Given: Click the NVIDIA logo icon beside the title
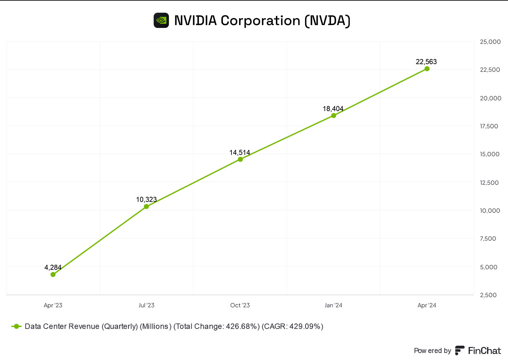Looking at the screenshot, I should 161,21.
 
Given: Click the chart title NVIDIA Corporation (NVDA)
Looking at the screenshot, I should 262,21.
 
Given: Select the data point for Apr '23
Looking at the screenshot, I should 53,275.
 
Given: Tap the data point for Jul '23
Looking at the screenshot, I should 146,207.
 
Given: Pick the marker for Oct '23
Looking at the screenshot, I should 240,159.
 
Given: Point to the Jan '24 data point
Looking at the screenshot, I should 334,116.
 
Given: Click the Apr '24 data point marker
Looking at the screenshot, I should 427,69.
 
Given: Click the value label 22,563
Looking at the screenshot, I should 426,62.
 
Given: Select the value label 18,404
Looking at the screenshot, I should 333,109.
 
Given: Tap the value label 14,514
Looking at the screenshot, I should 240,152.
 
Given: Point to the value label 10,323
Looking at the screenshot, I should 146,199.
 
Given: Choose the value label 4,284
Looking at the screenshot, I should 53,267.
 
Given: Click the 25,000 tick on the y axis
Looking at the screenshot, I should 490,42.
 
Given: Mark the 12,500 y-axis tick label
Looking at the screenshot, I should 489,183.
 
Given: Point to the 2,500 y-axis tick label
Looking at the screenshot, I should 488,295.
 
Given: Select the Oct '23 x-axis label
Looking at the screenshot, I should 240,305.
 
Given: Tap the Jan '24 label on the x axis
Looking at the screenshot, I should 333,305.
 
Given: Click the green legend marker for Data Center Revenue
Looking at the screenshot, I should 17,326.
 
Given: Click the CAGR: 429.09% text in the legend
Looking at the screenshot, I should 292,326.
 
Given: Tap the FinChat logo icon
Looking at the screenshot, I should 460,350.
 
